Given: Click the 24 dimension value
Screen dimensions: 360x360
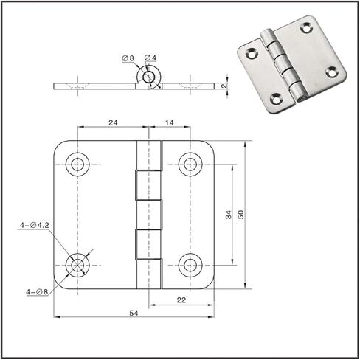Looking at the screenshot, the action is pyautogui.click(x=113, y=122).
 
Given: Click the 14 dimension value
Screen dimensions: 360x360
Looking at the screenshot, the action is pyautogui.click(x=170, y=122).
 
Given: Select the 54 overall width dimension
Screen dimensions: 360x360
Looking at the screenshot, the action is pyautogui.click(x=134, y=313).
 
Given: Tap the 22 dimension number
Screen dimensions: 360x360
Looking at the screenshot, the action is pyautogui.click(x=181, y=300).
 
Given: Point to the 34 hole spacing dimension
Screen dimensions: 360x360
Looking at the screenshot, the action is pyautogui.click(x=229, y=215).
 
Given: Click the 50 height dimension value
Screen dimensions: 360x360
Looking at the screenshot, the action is pyautogui.click(x=241, y=215).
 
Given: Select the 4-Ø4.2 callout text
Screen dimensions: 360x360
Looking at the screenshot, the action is pyautogui.click(x=35, y=225).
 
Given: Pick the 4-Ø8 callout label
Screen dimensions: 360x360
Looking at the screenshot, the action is pyautogui.click(x=37, y=292).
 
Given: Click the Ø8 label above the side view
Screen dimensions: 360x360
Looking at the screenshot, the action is pyautogui.click(x=128, y=58).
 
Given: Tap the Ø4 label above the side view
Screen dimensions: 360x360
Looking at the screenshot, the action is pyautogui.click(x=150, y=58).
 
